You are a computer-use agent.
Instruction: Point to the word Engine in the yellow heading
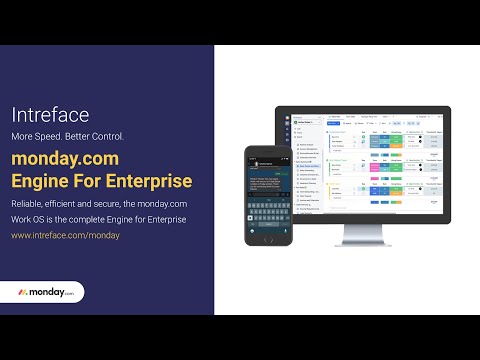[x=41, y=180]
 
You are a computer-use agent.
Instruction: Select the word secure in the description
[x=110, y=203]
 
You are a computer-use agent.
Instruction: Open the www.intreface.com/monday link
[x=65, y=236]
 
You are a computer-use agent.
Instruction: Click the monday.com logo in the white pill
[x=47, y=292]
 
